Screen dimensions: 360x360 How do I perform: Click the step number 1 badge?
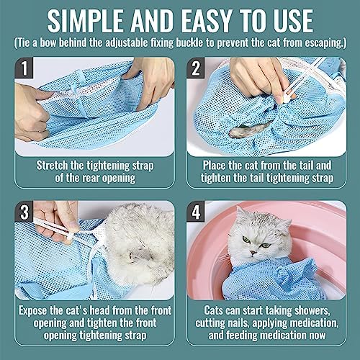(x=24, y=68)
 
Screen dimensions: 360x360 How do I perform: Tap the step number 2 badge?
(x=196, y=68)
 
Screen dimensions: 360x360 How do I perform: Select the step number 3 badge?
(x=24, y=212)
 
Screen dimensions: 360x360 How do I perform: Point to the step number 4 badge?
(x=196, y=212)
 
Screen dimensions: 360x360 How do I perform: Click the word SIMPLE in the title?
(x=86, y=21)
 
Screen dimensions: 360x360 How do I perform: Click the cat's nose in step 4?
(x=253, y=253)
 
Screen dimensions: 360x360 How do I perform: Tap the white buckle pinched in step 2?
(x=287, y=99)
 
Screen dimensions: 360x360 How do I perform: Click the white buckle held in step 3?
(x=70, y=237)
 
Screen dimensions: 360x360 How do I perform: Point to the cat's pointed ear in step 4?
(x=240, y=213)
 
